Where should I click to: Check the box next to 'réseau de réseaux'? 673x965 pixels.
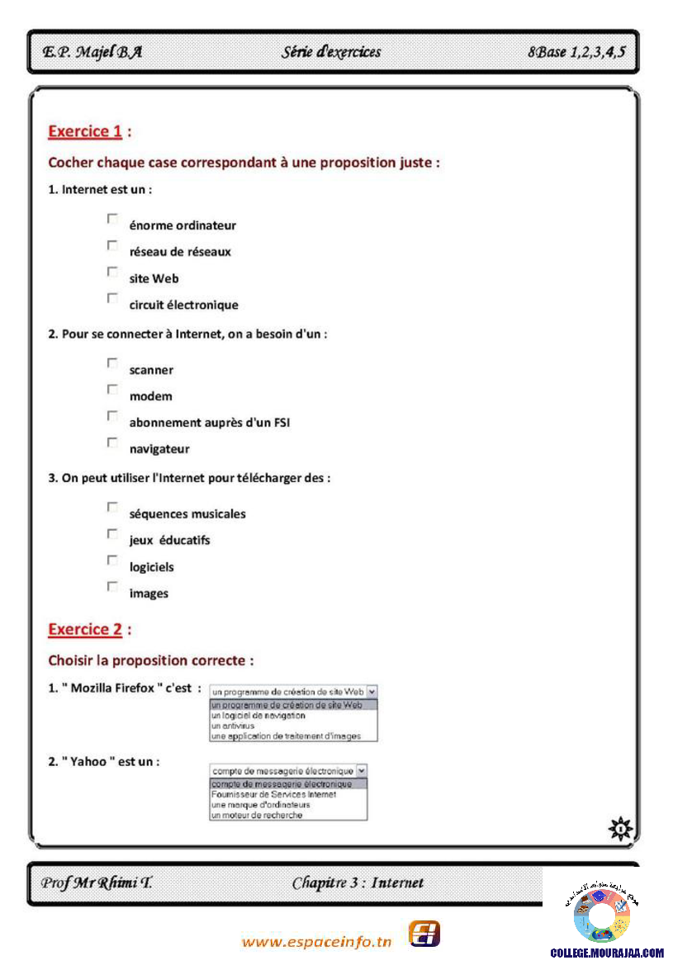pyautogui.click(x=111, y=245)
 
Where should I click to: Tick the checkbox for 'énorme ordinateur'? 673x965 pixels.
pyautogui.click(x=111, y=219)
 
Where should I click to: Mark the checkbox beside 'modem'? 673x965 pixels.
pyautogui.click(x=111, y=389)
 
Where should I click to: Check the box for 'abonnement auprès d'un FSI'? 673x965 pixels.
pyautogui.click(x=111, y=415)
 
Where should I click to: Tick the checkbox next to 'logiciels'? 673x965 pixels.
pyautogui.click(x=111, y=560)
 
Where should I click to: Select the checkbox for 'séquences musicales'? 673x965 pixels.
pyautogui.click(x=111, y=507)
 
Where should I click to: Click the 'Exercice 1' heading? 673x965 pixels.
pyautogui.click(x=85, y=130)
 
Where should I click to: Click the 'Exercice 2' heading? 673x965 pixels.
pyautogui.click(x=85, y=629)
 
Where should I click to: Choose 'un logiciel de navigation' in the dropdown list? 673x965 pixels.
pyautogui.click(x=258, y=716)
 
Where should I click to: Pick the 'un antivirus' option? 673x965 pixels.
pyautogui.click(x=235, y=726)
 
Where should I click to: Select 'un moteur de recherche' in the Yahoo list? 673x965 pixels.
pyautogui.click(x=257, y=815)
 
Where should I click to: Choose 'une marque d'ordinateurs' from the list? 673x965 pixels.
pyautogui.click(x=260, y=805)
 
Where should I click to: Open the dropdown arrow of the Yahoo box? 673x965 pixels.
pyautogui.click(x=361, y=770)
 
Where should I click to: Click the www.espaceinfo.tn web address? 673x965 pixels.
pyautogui.click(x=317, y=942)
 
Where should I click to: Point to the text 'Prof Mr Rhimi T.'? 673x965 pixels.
pyautogui.click(x=96, y=882)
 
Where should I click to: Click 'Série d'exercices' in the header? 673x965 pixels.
pyautogui.click(x=331, y=52)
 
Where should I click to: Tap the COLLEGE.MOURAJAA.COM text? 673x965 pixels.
pyautogui.click(x=606, y=952)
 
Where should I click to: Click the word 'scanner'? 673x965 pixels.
pyautogui.click(x=151, y=370)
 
